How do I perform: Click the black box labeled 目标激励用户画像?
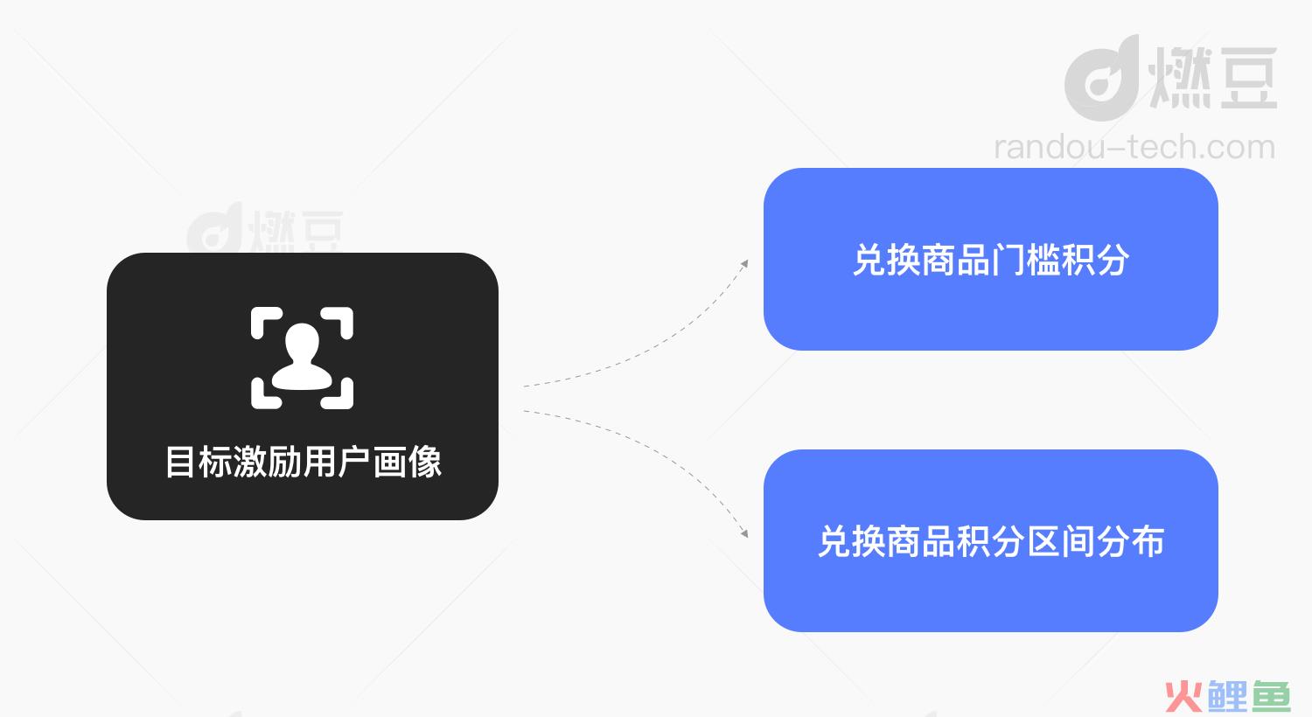pos(303,386)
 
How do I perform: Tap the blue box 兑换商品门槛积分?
pos(991,260)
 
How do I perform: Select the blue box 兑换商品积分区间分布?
pos(991,541)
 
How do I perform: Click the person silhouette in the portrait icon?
pos(303,357)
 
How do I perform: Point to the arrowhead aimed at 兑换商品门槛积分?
pos(744,264)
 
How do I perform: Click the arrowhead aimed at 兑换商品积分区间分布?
pos(744,533)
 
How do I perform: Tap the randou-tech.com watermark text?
pos(1134,147)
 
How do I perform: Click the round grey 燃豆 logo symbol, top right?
pos(1101,79)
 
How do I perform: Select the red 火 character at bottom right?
pos(1183,697)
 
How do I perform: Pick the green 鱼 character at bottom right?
pos(1272,697)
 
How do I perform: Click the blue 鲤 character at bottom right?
pos(1227,697)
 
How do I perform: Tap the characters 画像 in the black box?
pos(407,462)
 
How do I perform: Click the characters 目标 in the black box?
pos(199,462)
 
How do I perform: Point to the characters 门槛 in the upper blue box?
pos(1026,260)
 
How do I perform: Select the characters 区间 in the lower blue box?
pos(1061,541)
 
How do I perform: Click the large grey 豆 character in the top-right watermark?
pos(1248,78)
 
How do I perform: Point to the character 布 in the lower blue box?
pos(1148,541)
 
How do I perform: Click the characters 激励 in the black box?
pos(268,462)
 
